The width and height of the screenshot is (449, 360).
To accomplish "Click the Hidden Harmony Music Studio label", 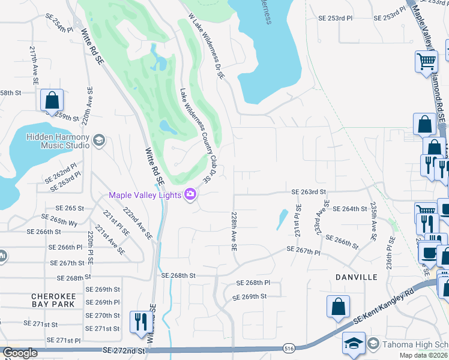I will tap(58, 141).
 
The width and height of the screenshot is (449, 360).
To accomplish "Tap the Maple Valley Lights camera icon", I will tap(191, 194).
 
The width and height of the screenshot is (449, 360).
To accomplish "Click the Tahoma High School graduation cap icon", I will tap(354, 344).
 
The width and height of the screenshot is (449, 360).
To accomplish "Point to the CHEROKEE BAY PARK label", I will tap(53, 300).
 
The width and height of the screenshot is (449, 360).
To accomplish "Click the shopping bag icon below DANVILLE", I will tap(338, 305).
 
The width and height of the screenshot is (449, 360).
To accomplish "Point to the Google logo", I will tap(20, 353).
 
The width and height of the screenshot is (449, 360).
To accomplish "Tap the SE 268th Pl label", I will tap(254, 283).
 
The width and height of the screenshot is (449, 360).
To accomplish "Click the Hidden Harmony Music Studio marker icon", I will tap(99, 141).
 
